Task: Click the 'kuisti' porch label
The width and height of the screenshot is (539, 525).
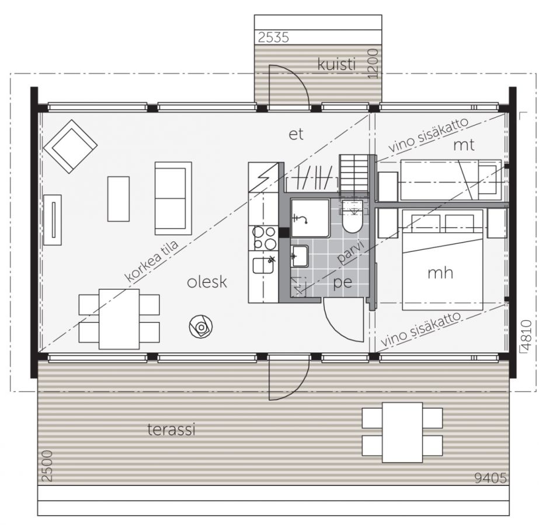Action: pyautogui.click(x=336, y=65)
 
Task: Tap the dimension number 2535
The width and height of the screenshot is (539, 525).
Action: pyautogui.click(x=274, y=37)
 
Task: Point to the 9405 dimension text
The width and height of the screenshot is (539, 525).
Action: pyautogui.click(x=491, y=478)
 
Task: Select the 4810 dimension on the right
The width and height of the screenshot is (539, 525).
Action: pyautogui.click(x=526, y=335)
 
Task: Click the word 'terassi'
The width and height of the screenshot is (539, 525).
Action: pyautogui.click(x=171, y=429)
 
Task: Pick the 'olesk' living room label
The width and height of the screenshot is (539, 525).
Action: pyautogui.click(x=207, y=282)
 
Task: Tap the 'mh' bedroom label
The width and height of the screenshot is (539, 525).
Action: pyautogui.click(x=440, y=273)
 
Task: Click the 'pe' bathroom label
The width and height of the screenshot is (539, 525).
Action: pyautogui.click(x=343, y=282)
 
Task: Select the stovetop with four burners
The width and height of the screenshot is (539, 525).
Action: pyautogui.click(x=264, y=238)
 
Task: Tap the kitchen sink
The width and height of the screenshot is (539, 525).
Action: pyautogui.click(x=263, y=265)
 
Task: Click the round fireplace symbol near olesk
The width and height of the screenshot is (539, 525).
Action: pyautogui.click(x=201, y=327)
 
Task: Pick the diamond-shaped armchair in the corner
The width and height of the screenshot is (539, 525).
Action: pyautogui.click(x=71, y=146)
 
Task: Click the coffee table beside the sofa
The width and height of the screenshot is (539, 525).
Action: pyautogui.click(x=119, y=199)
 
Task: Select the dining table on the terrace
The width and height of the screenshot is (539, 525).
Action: pyautogui.click(x=402, y=432)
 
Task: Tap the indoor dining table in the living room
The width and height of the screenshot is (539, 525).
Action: pyautogui.click(x=119, y=319)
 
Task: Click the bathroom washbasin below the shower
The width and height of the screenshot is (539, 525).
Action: pyautogui.click(x=300, y=256)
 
